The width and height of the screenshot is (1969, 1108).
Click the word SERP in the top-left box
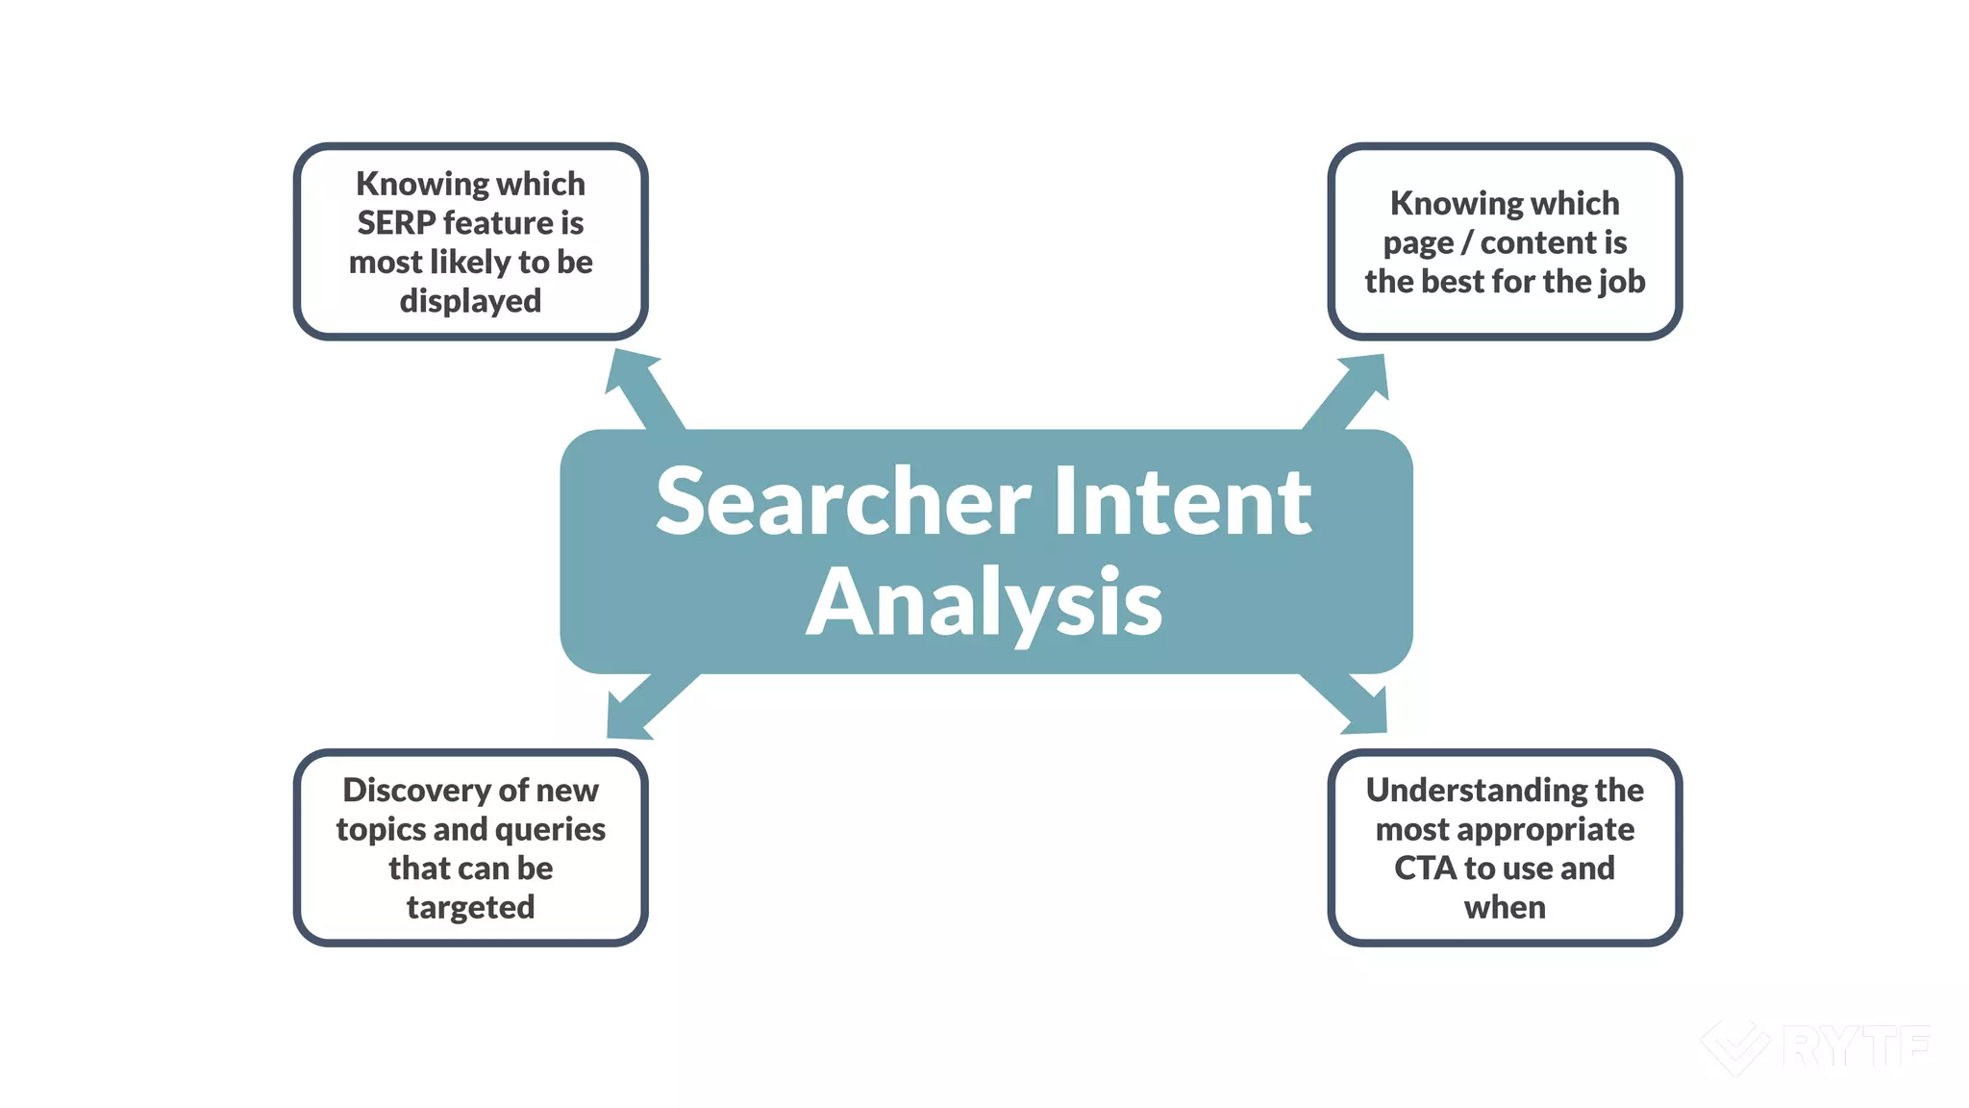coord(396,223)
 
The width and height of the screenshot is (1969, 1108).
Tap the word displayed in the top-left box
coord(470,302)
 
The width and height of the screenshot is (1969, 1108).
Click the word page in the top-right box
coord(1418,244)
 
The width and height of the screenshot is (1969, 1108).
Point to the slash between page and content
coord(1467,243)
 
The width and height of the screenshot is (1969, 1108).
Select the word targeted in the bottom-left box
coord(470,908)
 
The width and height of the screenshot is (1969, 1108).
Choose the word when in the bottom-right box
coord(1505,908)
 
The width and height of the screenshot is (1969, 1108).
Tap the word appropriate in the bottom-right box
coord(1552,830)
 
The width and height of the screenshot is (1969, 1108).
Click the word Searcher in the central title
coord(843,502)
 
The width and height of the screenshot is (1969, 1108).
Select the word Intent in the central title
coord(1182,502)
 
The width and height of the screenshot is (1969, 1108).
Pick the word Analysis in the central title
coord(984,604)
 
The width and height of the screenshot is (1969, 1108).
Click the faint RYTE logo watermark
coord(1815,1046)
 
